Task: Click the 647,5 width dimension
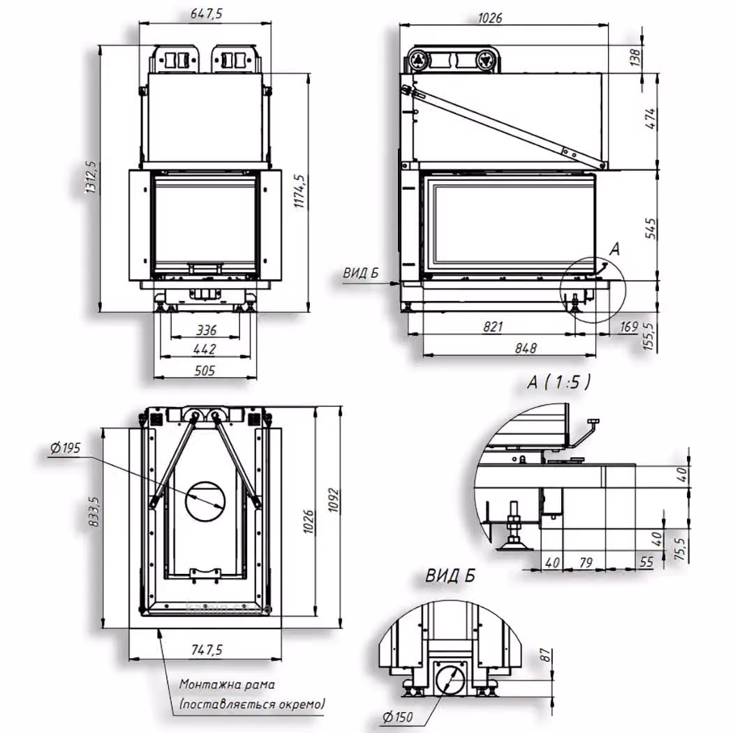tap(206, 14)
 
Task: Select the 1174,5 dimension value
tap(299, 191)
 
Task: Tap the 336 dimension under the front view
tap(206, 330)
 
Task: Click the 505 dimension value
tap(205, 371)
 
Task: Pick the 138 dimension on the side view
tap(635, 57)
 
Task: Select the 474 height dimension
tap(650, 119)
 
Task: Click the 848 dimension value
tap(526, 348)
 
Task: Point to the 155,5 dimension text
tap(649, 336)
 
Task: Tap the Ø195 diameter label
tap(66, 448)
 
